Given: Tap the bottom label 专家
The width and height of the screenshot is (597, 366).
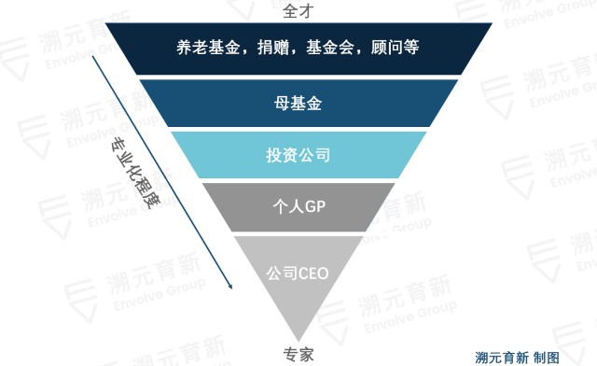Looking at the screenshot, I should click(298, 355).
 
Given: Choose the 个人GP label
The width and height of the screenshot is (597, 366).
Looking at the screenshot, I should click(298, 206).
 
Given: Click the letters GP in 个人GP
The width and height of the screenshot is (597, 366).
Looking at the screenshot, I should click(312, 206).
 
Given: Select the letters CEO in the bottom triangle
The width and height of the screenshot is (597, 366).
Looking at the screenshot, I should click(313, 274).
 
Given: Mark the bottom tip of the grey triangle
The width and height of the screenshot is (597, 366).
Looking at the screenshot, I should click(298, 339).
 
